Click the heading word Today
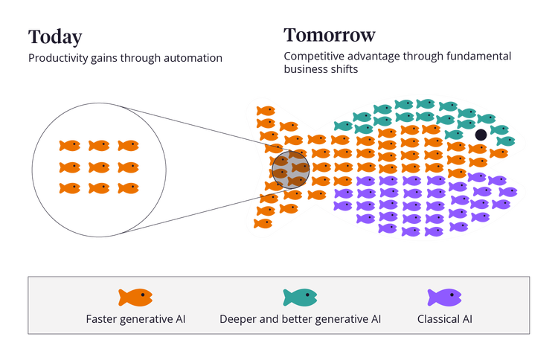(55, 37)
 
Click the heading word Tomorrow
(330, 35)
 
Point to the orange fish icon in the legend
(135, 298)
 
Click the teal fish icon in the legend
(300, 298)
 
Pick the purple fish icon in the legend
(444, 298)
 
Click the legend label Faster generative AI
(135, 320)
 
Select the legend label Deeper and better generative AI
(300, 320)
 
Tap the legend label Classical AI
(444, 320)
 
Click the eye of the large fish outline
(481, 135)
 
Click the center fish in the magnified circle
(99, 167)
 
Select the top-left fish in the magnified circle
(69, 146)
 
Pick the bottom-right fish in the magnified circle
(128, 189)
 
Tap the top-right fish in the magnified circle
(128, 146)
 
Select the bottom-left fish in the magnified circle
(69, 189)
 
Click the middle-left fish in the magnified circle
(69, 167)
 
